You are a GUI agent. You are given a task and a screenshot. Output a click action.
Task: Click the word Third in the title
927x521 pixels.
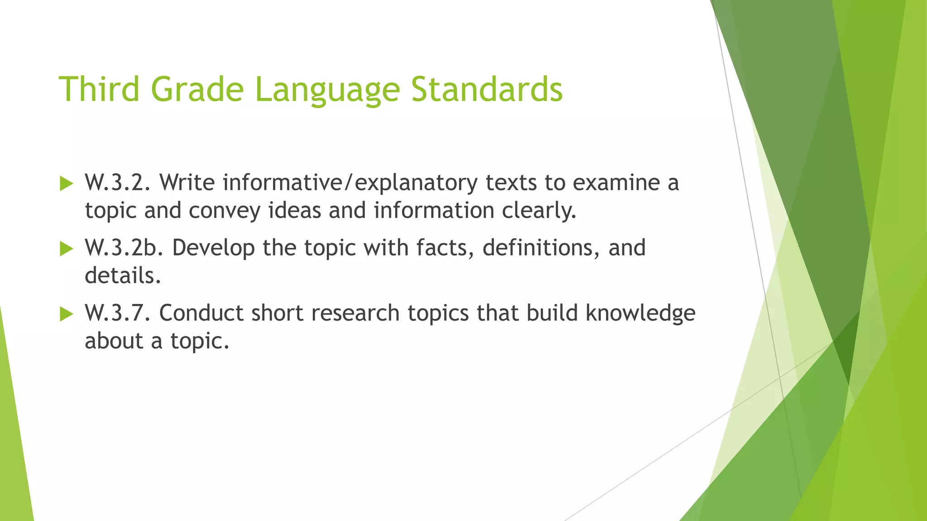pos(99,89)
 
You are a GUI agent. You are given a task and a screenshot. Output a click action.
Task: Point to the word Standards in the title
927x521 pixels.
pos(487,89)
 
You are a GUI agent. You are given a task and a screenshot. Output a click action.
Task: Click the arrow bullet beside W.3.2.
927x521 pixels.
pos(67,184)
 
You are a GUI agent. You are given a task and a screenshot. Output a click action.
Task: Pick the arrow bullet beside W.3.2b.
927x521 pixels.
pos(67,249)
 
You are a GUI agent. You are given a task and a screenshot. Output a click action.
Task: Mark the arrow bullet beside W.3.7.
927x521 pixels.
pos(67,314)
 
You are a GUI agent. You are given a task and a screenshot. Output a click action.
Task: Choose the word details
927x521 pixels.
pos(123,276)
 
